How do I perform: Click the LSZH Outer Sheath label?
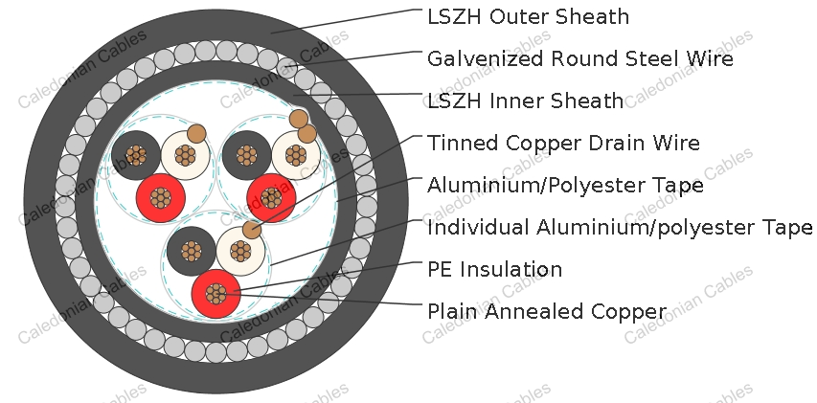pyautogui.click(x=528, y=16)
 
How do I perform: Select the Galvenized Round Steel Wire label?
pyautogui.click(x=579, y=58)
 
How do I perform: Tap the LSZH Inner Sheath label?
pyautogui.click(x=525, y=101)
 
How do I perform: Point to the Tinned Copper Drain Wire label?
pyautogui.click(x=563, y=143)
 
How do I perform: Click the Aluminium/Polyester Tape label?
pyautogui.click(x=565, y=185)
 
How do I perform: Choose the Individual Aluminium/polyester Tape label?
pyautogui.click(x=620, y=228)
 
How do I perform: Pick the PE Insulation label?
pyautogui.click(x=494, y=269)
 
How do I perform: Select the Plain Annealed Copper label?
pyautogui.click(x=547, y=311)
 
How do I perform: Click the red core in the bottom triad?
pyautogui.click(x=216, y=294)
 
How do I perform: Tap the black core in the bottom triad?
pyautogui.click(x=192, y=252)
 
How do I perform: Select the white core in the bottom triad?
pyautogui.click(x=240, y=252)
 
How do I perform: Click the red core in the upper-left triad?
pyautogui.click(x=161, y=198)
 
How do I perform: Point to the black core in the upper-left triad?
pyautogui.click(x=136, y=155)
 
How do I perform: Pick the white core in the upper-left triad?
pyautogui.click(x=186, y=155)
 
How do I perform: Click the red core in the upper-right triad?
pyautogui.click(x=271, y=198)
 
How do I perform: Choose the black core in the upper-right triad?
pyautogui.click(x=246, y=155)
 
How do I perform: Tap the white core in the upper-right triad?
pyautogui.click(x=296, y=155)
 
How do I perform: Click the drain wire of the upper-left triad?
pyautogui.click(x=196, y=134)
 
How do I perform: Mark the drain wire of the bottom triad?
pyautogui.click(x=252, y=230)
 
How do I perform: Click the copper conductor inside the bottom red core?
pyautogui.click(x=216, y=294)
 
